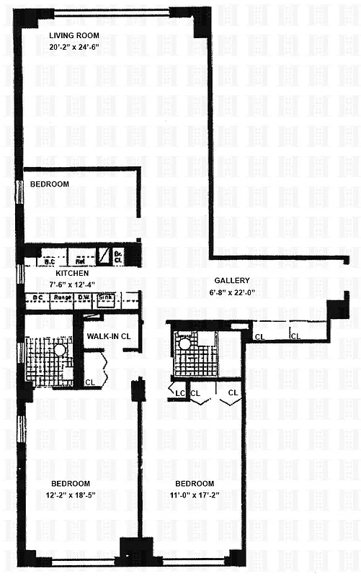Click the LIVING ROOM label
pos(74,35)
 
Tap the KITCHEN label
pos(72,274)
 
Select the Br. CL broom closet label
pos(118,253)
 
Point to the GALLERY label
pos(231,281)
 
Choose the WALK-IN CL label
pos(108,336)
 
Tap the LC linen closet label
pos(179,392)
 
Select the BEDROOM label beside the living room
pos(50,184)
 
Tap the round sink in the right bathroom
pos(186,344)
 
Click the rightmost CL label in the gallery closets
pos(295,336)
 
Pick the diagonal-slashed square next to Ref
pos(104,253)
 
